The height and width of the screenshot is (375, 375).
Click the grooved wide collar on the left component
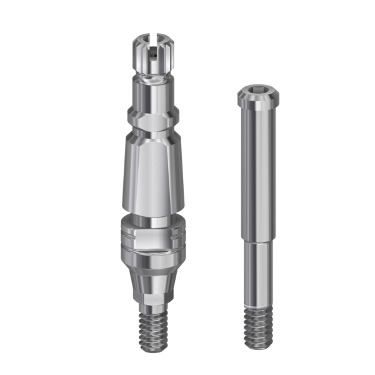click(x=153, y=241)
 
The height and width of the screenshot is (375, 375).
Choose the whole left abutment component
click(x=153, y=187)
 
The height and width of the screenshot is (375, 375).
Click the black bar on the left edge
click(x=41, y=187)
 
